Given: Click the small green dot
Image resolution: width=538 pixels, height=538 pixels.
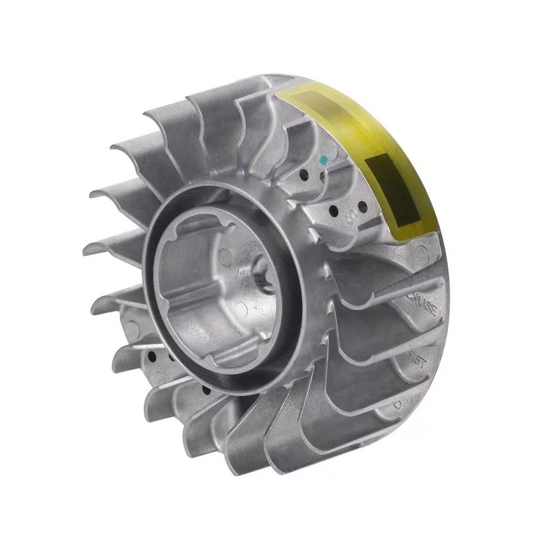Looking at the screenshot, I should click(x=323, y=160).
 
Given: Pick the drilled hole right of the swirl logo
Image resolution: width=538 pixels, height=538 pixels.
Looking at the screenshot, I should click(x=364, y=204).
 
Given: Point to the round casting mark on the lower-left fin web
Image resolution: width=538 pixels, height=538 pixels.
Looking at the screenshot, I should click(x=132, y=330).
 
